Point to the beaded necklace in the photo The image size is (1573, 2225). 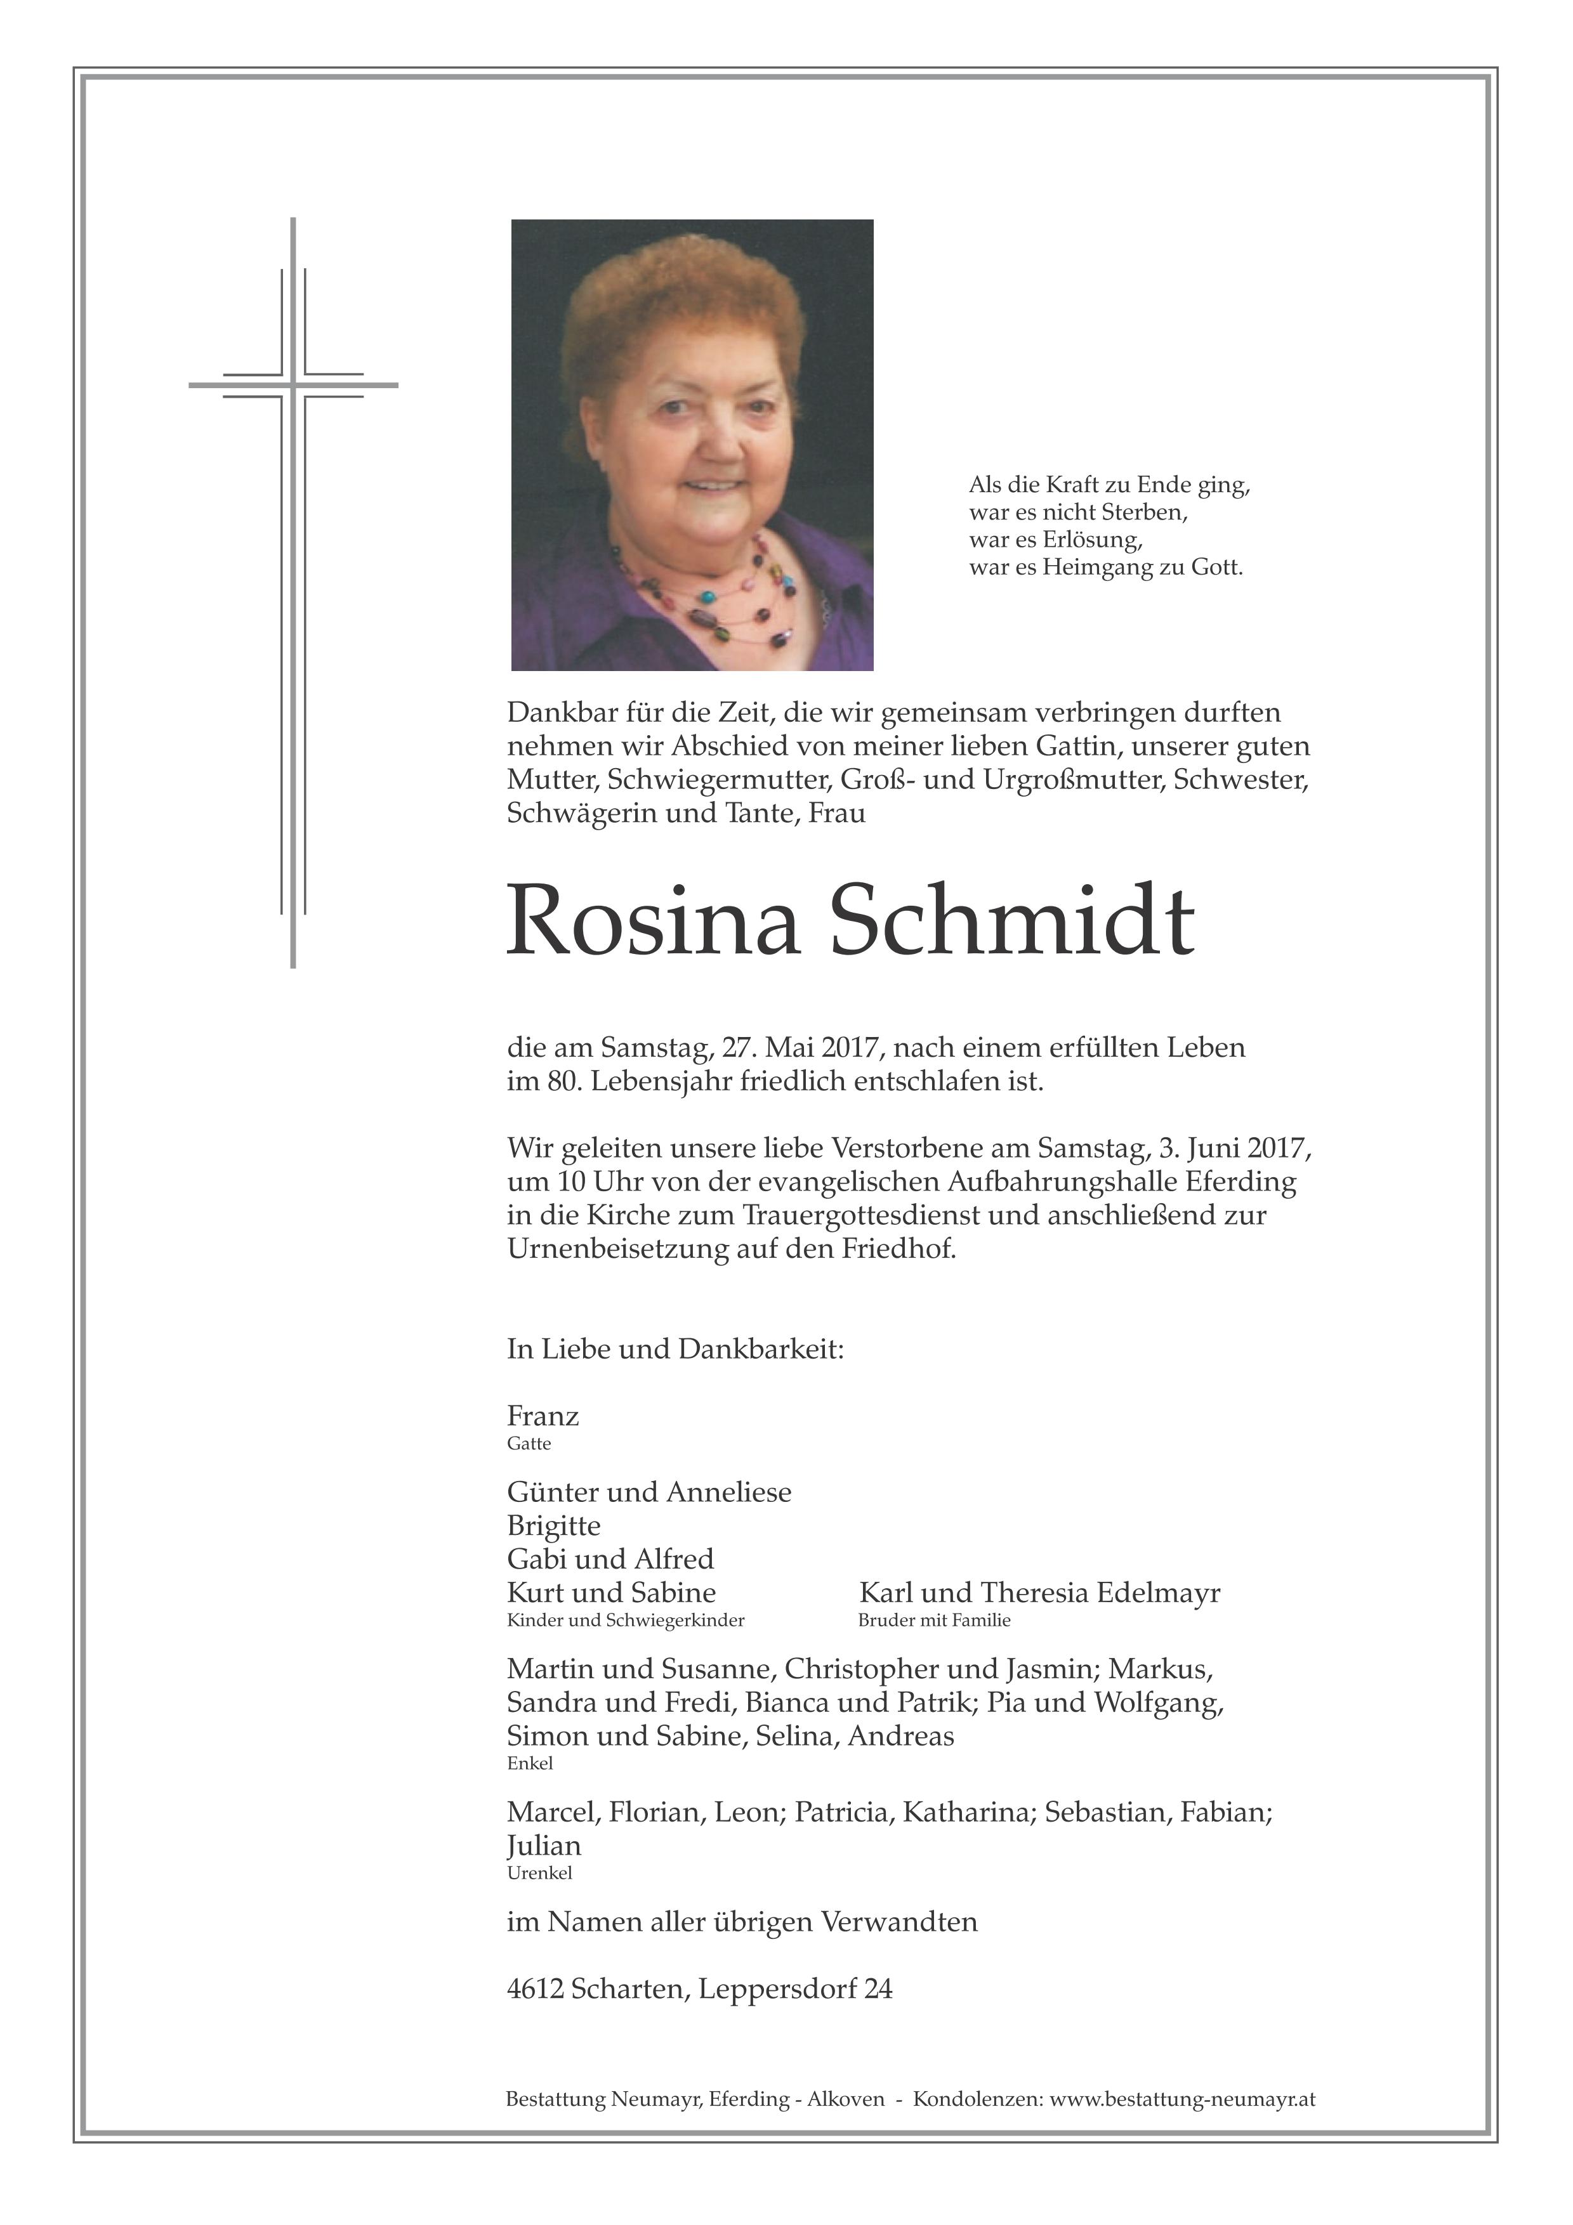(x=708, y=591)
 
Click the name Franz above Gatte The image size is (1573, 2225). (x=543, y=1417)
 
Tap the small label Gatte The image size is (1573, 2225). (x=528, y=1444)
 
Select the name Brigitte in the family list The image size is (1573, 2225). (x=553, y=1526)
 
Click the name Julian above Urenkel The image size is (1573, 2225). (x=544, y=1846)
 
